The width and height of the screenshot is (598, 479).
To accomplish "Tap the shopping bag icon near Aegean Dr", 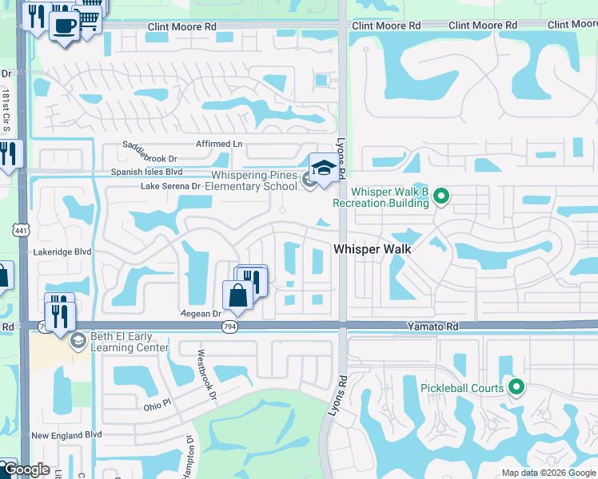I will pyautogui.click(x=237, y=295).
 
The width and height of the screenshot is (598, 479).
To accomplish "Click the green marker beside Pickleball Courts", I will pyautogui.click(x=516, y=389).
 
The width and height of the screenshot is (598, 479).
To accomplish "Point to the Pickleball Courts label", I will pyautogui.click(x=462, y=389).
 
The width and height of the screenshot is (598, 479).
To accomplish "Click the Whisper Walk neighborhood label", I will pyautogui.click(x=372, y=249).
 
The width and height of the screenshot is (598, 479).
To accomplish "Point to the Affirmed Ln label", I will pyautogui.click(x=219, y=144).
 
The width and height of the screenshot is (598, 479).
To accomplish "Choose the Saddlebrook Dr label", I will pyautogui.click(x=149, y=150).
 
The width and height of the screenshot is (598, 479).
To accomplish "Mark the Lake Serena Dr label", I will pyautogui.click(x=170, y=186).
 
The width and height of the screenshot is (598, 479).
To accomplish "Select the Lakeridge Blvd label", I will pyautogui.click(x=62, y=251).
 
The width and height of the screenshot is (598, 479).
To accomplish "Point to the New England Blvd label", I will pyautogui.click(x=66, y=435).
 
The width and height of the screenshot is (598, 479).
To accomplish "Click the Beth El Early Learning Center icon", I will pyautogui.click(x=78, y=342).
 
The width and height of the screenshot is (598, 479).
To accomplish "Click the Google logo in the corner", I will pyautogui.click(x=26, y=469).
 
